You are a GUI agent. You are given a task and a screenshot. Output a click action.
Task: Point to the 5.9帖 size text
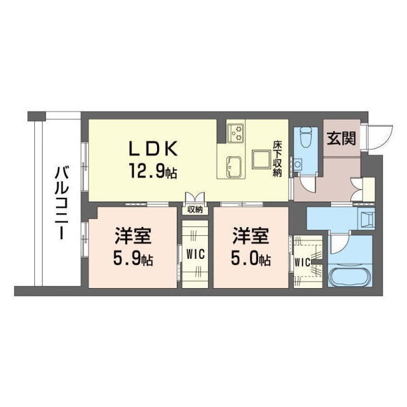click(132, 260)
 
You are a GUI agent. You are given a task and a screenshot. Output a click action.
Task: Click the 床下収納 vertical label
click(277, 159)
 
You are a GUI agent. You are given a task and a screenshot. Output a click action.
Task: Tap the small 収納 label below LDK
click(195, 209)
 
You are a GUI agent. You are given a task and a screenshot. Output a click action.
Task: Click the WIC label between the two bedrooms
click(195, 254)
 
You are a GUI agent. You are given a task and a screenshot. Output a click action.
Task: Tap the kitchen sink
click(231, 167)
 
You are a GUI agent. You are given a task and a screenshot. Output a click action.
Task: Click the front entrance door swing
click(376, 135)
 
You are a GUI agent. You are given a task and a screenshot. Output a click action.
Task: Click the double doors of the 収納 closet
click(195, 197)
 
